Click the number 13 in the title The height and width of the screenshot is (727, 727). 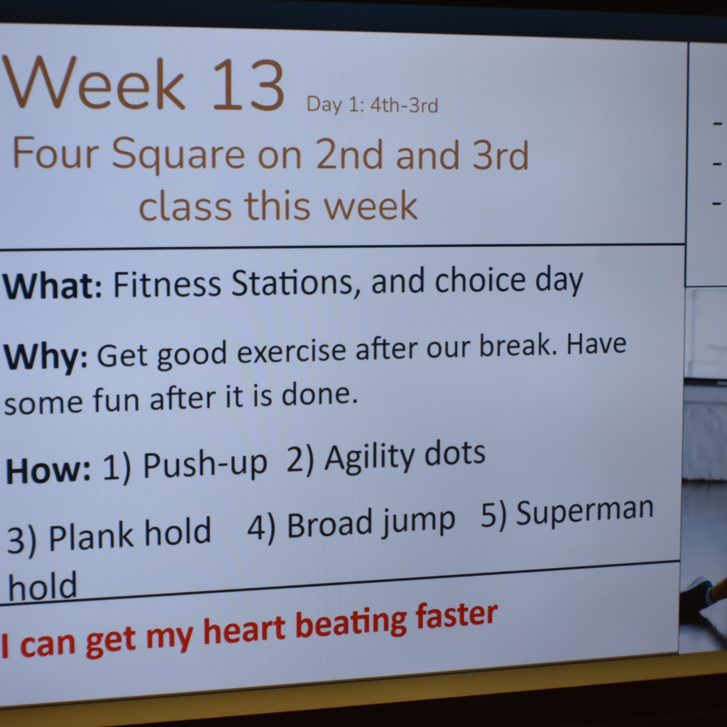click(248, 85)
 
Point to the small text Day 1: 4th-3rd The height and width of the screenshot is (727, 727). click(372, 105)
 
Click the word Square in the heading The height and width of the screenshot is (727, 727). click(177, 154)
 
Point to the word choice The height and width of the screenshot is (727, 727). click(481, 280)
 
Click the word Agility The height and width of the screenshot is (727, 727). click(368, 459)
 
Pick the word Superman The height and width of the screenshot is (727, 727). click(584, 511)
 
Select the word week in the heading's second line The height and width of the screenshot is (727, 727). click(370, 205)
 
